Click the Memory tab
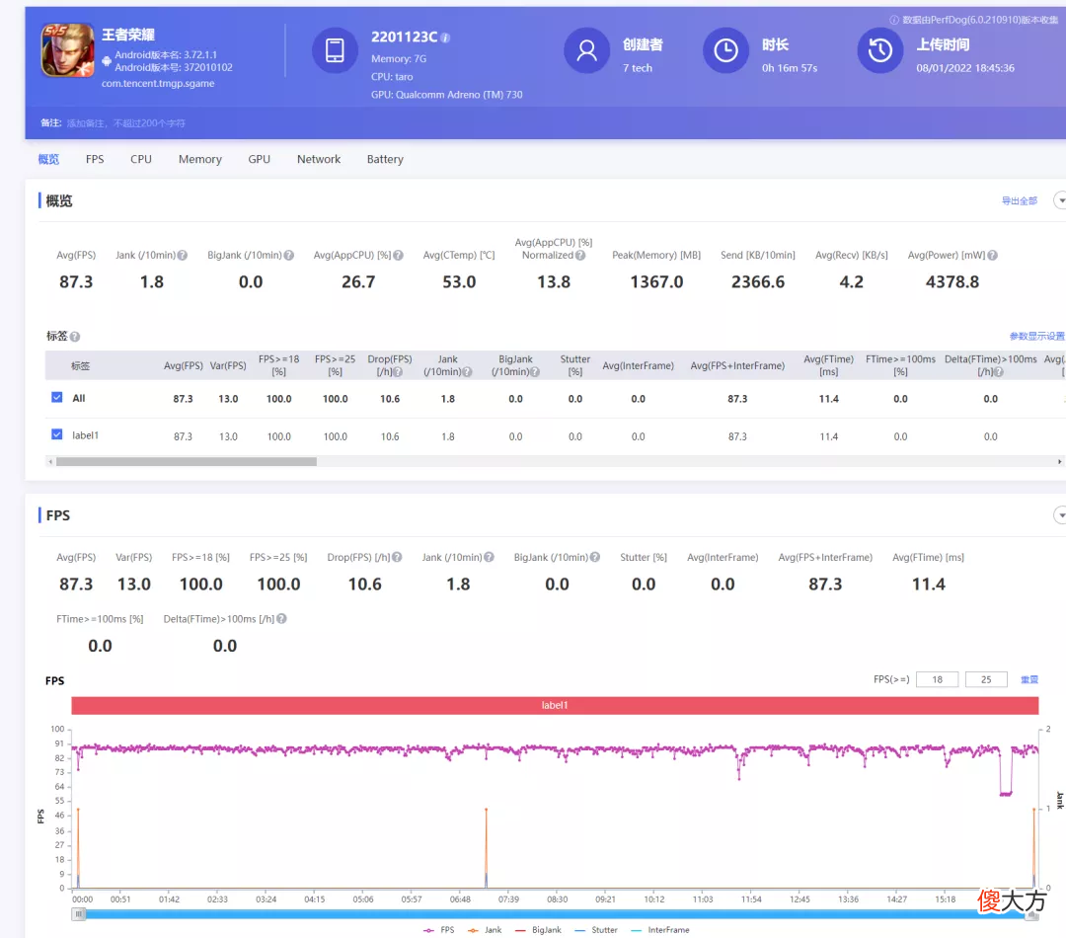click(x=199, y=159)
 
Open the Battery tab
click(x=385, y=159)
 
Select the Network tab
click(x=319, y=159)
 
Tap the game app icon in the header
click(x=67, y=49)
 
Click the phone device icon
click(x=335, y=50)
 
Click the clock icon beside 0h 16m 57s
click(x=725, y=50)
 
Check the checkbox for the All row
click(x=57, y=397)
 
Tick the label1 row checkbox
click(x=57, y=434)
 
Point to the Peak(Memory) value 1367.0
click(x=656, y=281)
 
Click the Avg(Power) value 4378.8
click(x=952, y=281)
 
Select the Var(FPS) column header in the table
click(x=228, y=365)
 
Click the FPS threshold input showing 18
click(x=937, y=679)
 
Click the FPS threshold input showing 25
click(x=986, y=679)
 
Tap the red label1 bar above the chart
click(x=555, y=705)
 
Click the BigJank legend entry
click(x=538, y=930)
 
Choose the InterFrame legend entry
click(x=660, y=930)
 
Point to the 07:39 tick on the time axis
click(x=508, y=899)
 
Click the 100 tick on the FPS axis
click(x=57, y=730)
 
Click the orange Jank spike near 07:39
click(x=486, y=847)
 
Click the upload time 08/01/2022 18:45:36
click(x=965, y=68)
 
